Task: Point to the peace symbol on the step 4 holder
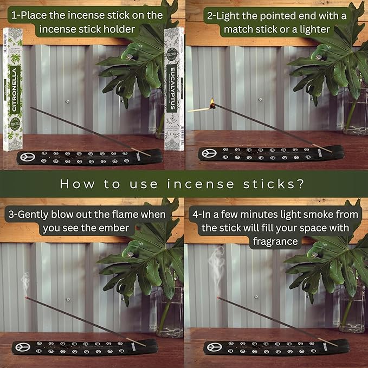point(212,347)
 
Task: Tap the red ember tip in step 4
point(218,298)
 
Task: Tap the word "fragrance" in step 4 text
point(275,241)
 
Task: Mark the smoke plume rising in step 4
point(218,266)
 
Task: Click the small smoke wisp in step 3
point(25,282)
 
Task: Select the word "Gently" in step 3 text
point(38,214)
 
